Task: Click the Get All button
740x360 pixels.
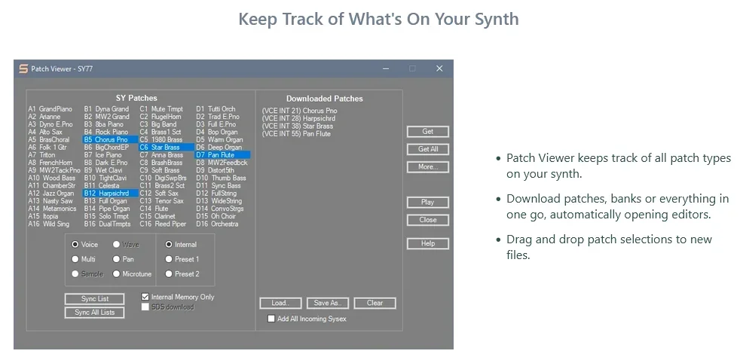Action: click(427, 149)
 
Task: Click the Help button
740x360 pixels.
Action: click(427, 243)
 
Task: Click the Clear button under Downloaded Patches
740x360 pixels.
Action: click(375, 303)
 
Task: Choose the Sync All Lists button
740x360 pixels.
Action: click(94, 313)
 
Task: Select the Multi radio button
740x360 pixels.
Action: click(75, 259)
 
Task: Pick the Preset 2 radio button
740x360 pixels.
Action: click(169, 273)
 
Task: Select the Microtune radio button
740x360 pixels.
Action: click(117, 273)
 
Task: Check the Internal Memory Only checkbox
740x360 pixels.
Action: click(145, 297)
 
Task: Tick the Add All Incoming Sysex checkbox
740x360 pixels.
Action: click(271, 319)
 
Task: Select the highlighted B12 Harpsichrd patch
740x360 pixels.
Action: click(111, 193)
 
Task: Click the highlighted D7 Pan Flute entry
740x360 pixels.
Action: click(222, 154)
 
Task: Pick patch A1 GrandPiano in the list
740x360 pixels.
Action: click(50, 109)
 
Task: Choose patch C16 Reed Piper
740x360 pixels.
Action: click(163, 224)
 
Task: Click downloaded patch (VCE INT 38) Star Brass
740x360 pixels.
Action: click(298, 126)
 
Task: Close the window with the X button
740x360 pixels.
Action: click(439, 69)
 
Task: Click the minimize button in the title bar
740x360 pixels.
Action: click(386, 69)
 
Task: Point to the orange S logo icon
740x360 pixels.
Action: click(23, 69)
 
